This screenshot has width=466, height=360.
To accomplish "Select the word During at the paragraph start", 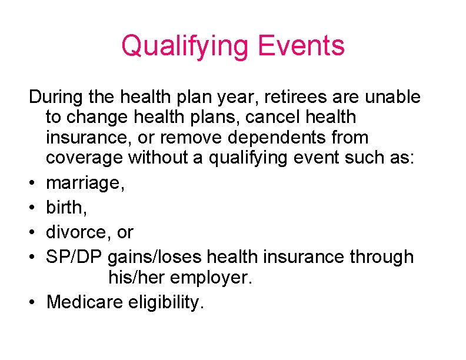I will click(56, 96).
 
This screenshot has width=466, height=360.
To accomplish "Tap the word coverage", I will click(84, 158).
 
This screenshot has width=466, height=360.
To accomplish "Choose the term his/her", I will click(137, 278).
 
